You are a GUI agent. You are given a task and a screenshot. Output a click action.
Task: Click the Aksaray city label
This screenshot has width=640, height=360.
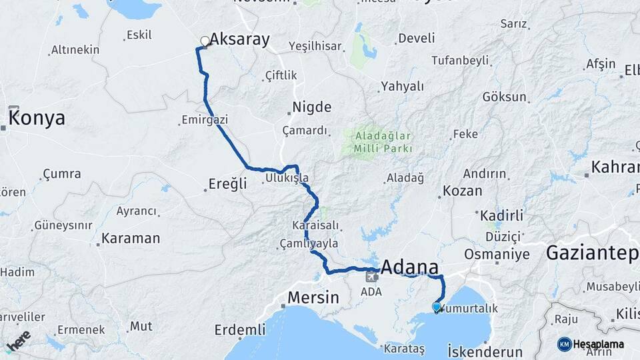click(x=240, y=40)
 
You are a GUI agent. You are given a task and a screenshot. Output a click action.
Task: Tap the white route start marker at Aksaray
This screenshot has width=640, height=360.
click(x=205, y=41)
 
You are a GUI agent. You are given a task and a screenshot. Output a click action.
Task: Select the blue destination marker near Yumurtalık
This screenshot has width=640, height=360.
click(x=437, y=307)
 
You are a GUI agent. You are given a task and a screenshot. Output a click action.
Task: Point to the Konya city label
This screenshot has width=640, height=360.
click(x=38, y=119)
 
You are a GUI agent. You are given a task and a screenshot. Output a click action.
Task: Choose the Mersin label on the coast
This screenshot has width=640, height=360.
click(x=313, y=297)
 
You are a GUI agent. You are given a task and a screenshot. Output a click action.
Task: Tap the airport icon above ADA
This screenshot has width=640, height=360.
click(x=371, y=277)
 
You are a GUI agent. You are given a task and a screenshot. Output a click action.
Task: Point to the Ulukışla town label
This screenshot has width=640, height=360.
click(x=287, y=179)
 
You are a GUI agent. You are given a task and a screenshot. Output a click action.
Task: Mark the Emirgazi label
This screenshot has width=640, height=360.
click(x=205, y=121)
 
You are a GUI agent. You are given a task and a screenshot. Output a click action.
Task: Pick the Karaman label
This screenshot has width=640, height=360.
click(x=131, y=238)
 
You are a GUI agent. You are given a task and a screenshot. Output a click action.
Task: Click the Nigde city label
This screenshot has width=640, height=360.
click(x=312, y=107)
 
